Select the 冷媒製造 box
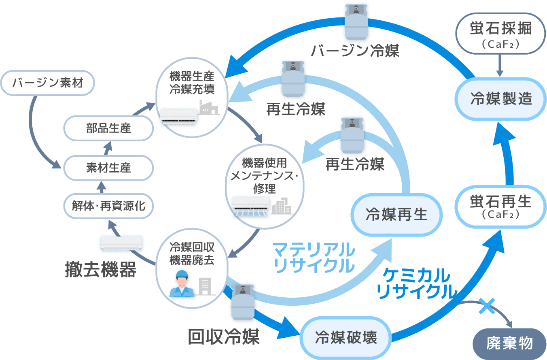point(501,98)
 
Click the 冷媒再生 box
point(396,215)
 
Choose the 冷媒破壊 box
point(346,337)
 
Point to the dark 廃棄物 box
point(509,344)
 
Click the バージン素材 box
point(48,83)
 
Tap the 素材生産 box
point(108,167)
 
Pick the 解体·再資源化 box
point(108,206)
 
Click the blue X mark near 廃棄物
point(487,306)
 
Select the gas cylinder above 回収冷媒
point(242,302)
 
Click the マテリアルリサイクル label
point(314,257)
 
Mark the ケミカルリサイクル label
point(415,283)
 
